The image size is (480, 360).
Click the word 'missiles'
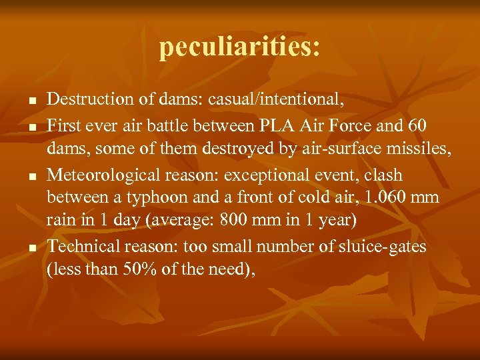click(420, 149)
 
